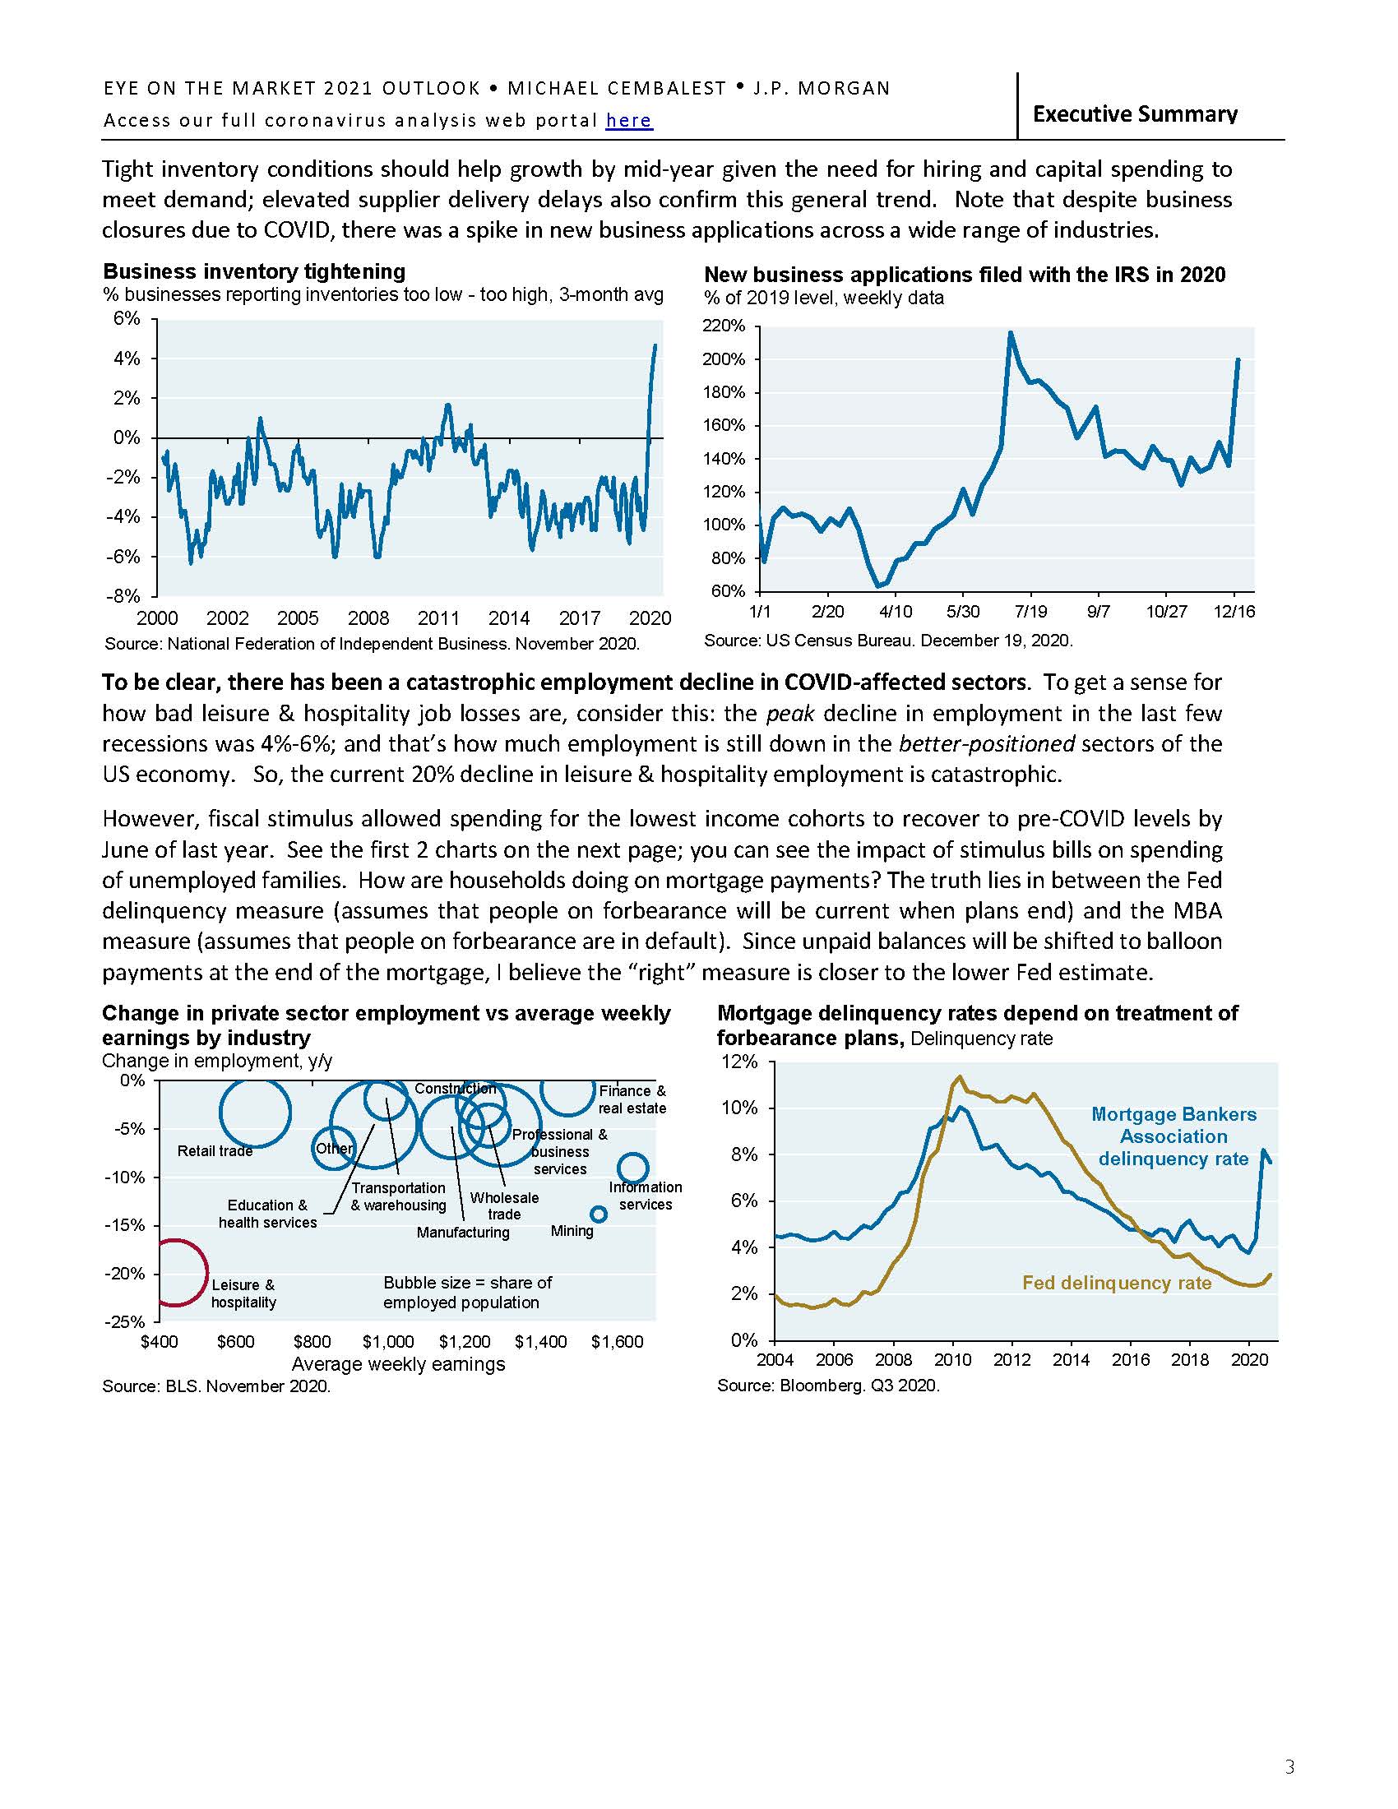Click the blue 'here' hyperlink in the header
[x=628, y=120]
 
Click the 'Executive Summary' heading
[x=1135, y=113]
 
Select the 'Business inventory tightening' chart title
[x=253, y=271]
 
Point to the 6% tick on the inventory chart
[x=127, y=319]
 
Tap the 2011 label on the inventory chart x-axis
[x=438, y=618]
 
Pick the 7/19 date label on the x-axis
[x=1030, y=611]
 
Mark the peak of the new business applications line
[x=1011, y=333]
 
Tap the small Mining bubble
[x=598, y=1214]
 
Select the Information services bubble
[x=632, y=1168]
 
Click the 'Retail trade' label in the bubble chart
[x=215, y=1150]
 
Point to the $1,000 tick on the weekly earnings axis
[x=387, y=1342]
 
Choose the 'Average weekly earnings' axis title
[x=398, y=1363]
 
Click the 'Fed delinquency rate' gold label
[x=1117, y=1283]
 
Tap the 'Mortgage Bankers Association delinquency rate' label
[x=1173, y=1136]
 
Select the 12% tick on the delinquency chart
[x=742, y=1062]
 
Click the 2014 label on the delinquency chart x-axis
[x=1071, y=1359]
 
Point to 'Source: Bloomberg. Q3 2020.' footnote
[x=828, y=1386]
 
